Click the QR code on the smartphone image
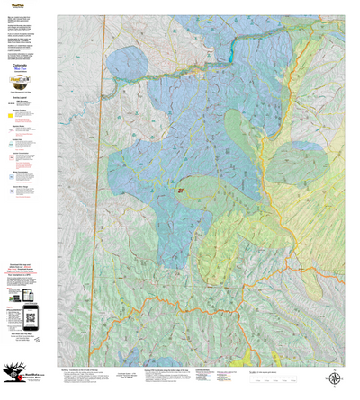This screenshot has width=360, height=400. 30,314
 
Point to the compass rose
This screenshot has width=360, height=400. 335,378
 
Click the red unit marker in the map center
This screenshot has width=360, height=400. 181,191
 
